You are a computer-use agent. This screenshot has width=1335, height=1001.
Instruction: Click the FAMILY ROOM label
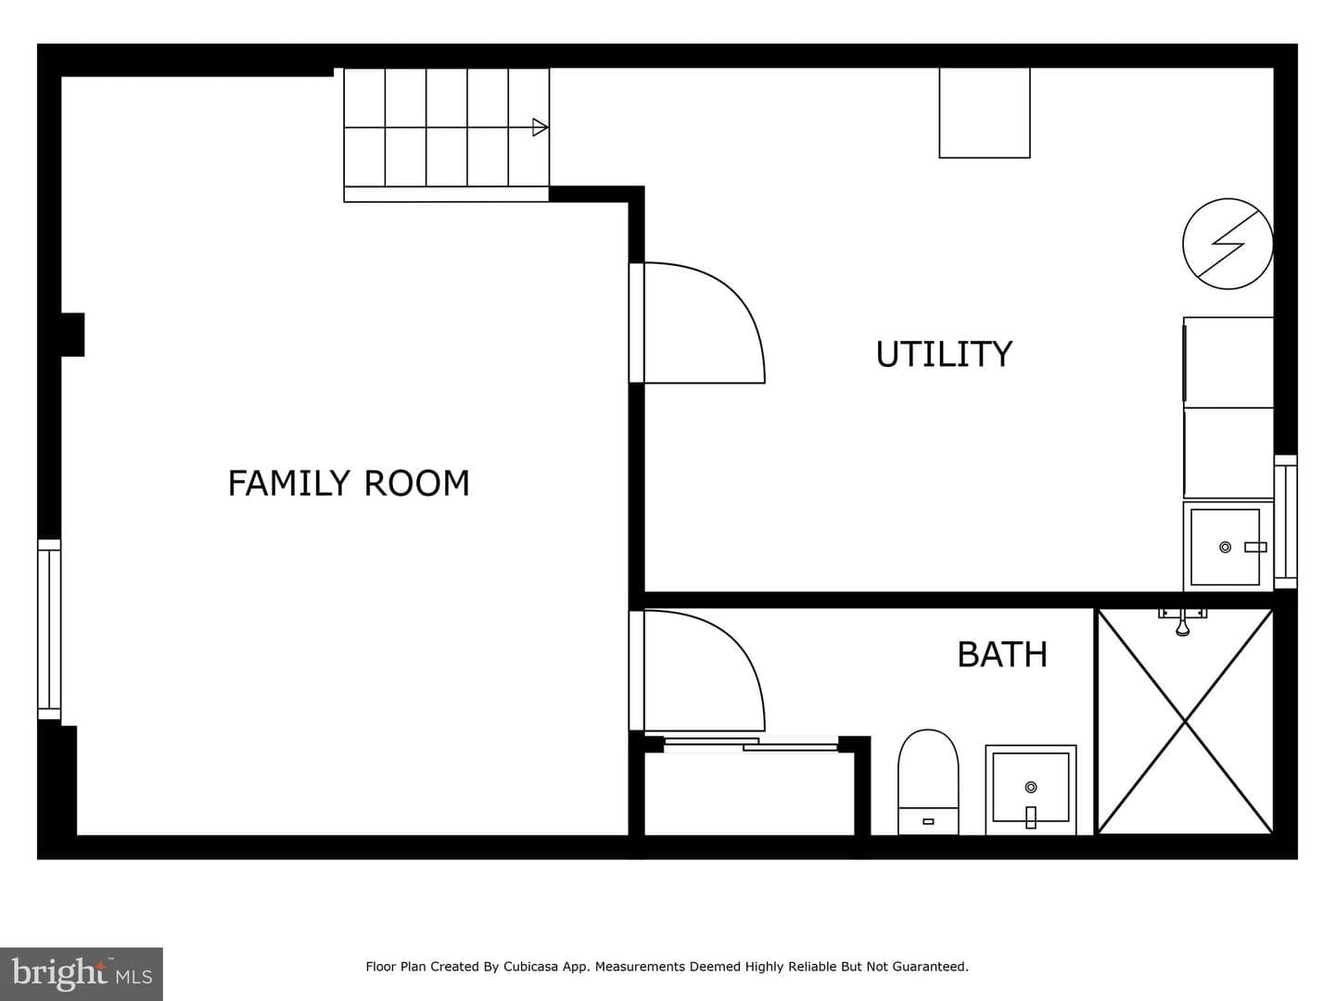coord(349,483)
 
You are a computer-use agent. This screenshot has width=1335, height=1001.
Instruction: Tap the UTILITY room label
coord(944,354)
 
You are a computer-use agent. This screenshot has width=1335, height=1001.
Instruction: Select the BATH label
coord(1002,654)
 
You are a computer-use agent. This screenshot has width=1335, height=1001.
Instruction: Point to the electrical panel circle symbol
coord(1228,244)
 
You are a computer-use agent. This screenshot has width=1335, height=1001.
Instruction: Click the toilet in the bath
coord(928,782)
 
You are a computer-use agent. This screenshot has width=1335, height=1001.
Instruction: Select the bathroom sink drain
coord(1031,787)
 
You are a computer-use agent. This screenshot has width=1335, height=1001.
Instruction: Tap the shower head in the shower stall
coord(1182,623)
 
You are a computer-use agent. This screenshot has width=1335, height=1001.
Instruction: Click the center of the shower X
coord(1186,722)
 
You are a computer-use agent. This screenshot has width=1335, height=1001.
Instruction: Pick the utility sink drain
coord(1226,547)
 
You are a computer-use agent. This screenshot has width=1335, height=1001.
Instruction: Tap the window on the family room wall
coord(49,629)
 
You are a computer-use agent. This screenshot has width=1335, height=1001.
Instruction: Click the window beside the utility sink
coord(1285,522)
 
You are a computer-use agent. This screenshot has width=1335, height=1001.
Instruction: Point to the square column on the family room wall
coord(72,335)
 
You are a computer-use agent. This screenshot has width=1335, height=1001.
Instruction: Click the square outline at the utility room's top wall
coord(985,112)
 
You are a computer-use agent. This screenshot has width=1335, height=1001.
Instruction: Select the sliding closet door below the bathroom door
coord(751,744)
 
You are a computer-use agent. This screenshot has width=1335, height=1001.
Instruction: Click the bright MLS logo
coord(82,973)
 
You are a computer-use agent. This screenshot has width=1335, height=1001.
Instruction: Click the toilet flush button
coord(928,822)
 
